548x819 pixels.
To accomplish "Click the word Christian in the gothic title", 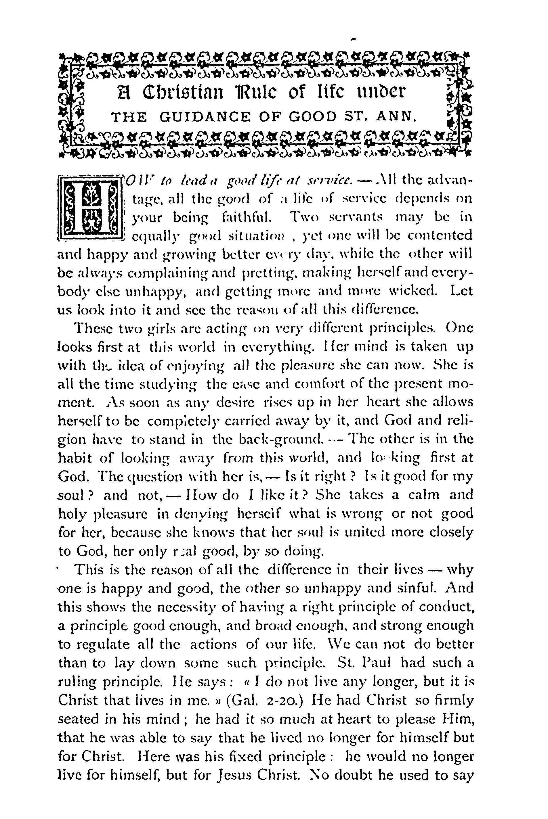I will coord(182,93).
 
